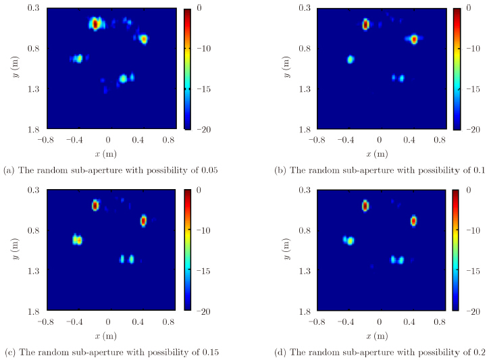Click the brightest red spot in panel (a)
95,24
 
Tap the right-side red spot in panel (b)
414,39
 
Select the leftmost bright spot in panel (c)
78,240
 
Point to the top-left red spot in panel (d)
365,205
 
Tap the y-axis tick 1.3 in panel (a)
31,88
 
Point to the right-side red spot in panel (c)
143,220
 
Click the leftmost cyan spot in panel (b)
351,59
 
